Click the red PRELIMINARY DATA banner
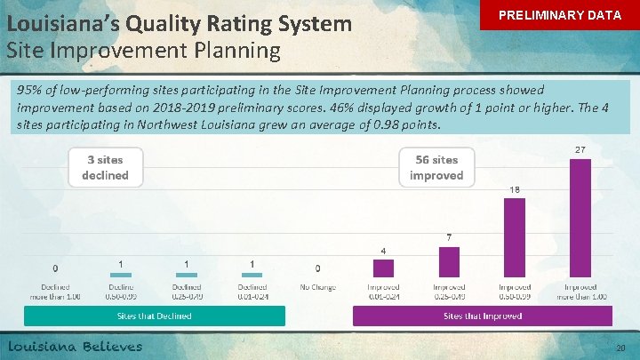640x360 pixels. pos(559,16)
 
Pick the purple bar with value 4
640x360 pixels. pos(384,268)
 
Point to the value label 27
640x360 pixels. pos(580,150)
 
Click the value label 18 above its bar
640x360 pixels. pos(515,189)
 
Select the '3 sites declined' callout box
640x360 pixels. pos(105,167)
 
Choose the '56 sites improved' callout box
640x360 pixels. pos(436,167)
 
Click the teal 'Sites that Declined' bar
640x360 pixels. pos(155,316)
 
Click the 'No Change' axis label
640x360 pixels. pos(318,287)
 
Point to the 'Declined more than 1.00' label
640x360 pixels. pos(56,292)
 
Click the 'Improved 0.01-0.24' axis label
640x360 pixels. pos(384,292)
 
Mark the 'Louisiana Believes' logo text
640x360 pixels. pos(76,346)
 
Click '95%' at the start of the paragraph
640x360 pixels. pos(31,91)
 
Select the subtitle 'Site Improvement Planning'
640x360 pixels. pos(143,50)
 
